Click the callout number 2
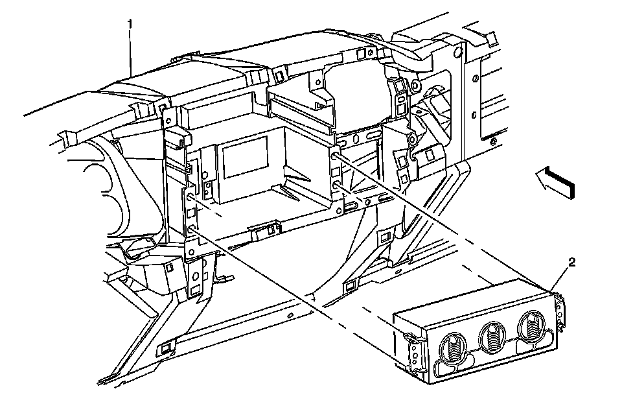point(571,262)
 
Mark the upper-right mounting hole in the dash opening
point(335,156)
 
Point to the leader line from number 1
point(132,52)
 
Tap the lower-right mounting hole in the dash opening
point(338,185)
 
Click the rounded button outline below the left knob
point(441,370)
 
